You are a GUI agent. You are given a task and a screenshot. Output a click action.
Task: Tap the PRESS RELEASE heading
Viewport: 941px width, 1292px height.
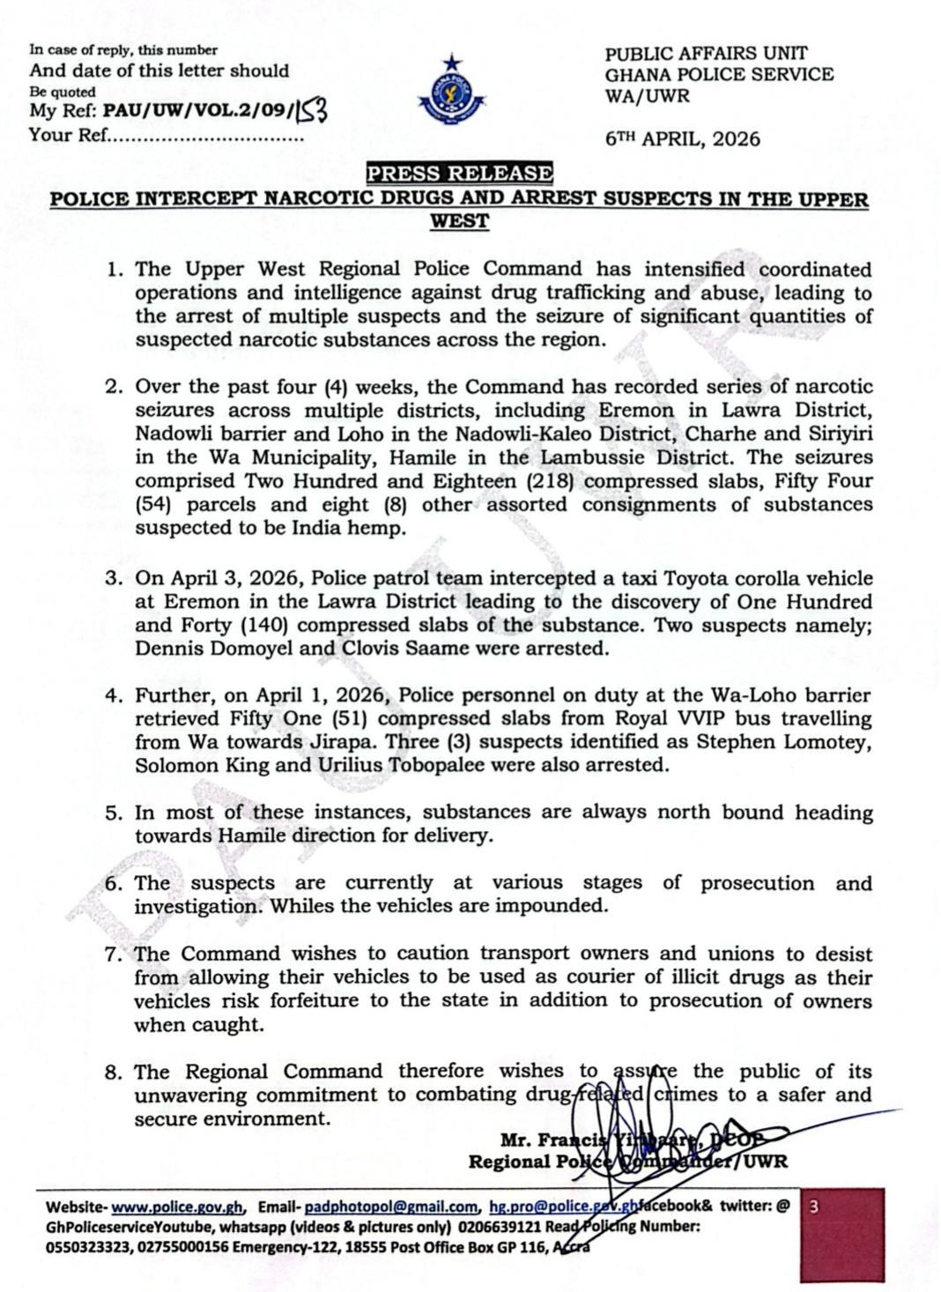point(459,173)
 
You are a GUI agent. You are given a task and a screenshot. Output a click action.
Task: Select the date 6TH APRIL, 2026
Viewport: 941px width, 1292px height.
point(683,139)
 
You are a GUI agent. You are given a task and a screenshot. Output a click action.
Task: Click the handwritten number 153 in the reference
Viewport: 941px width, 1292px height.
point(315,110)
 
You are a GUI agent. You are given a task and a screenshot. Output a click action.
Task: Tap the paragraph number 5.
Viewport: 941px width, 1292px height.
point(114,813)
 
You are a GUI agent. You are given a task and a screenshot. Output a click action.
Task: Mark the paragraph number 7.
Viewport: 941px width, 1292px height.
point(114,954)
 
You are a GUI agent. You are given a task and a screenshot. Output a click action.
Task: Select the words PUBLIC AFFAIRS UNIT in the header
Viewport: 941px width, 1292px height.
point(706,54)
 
